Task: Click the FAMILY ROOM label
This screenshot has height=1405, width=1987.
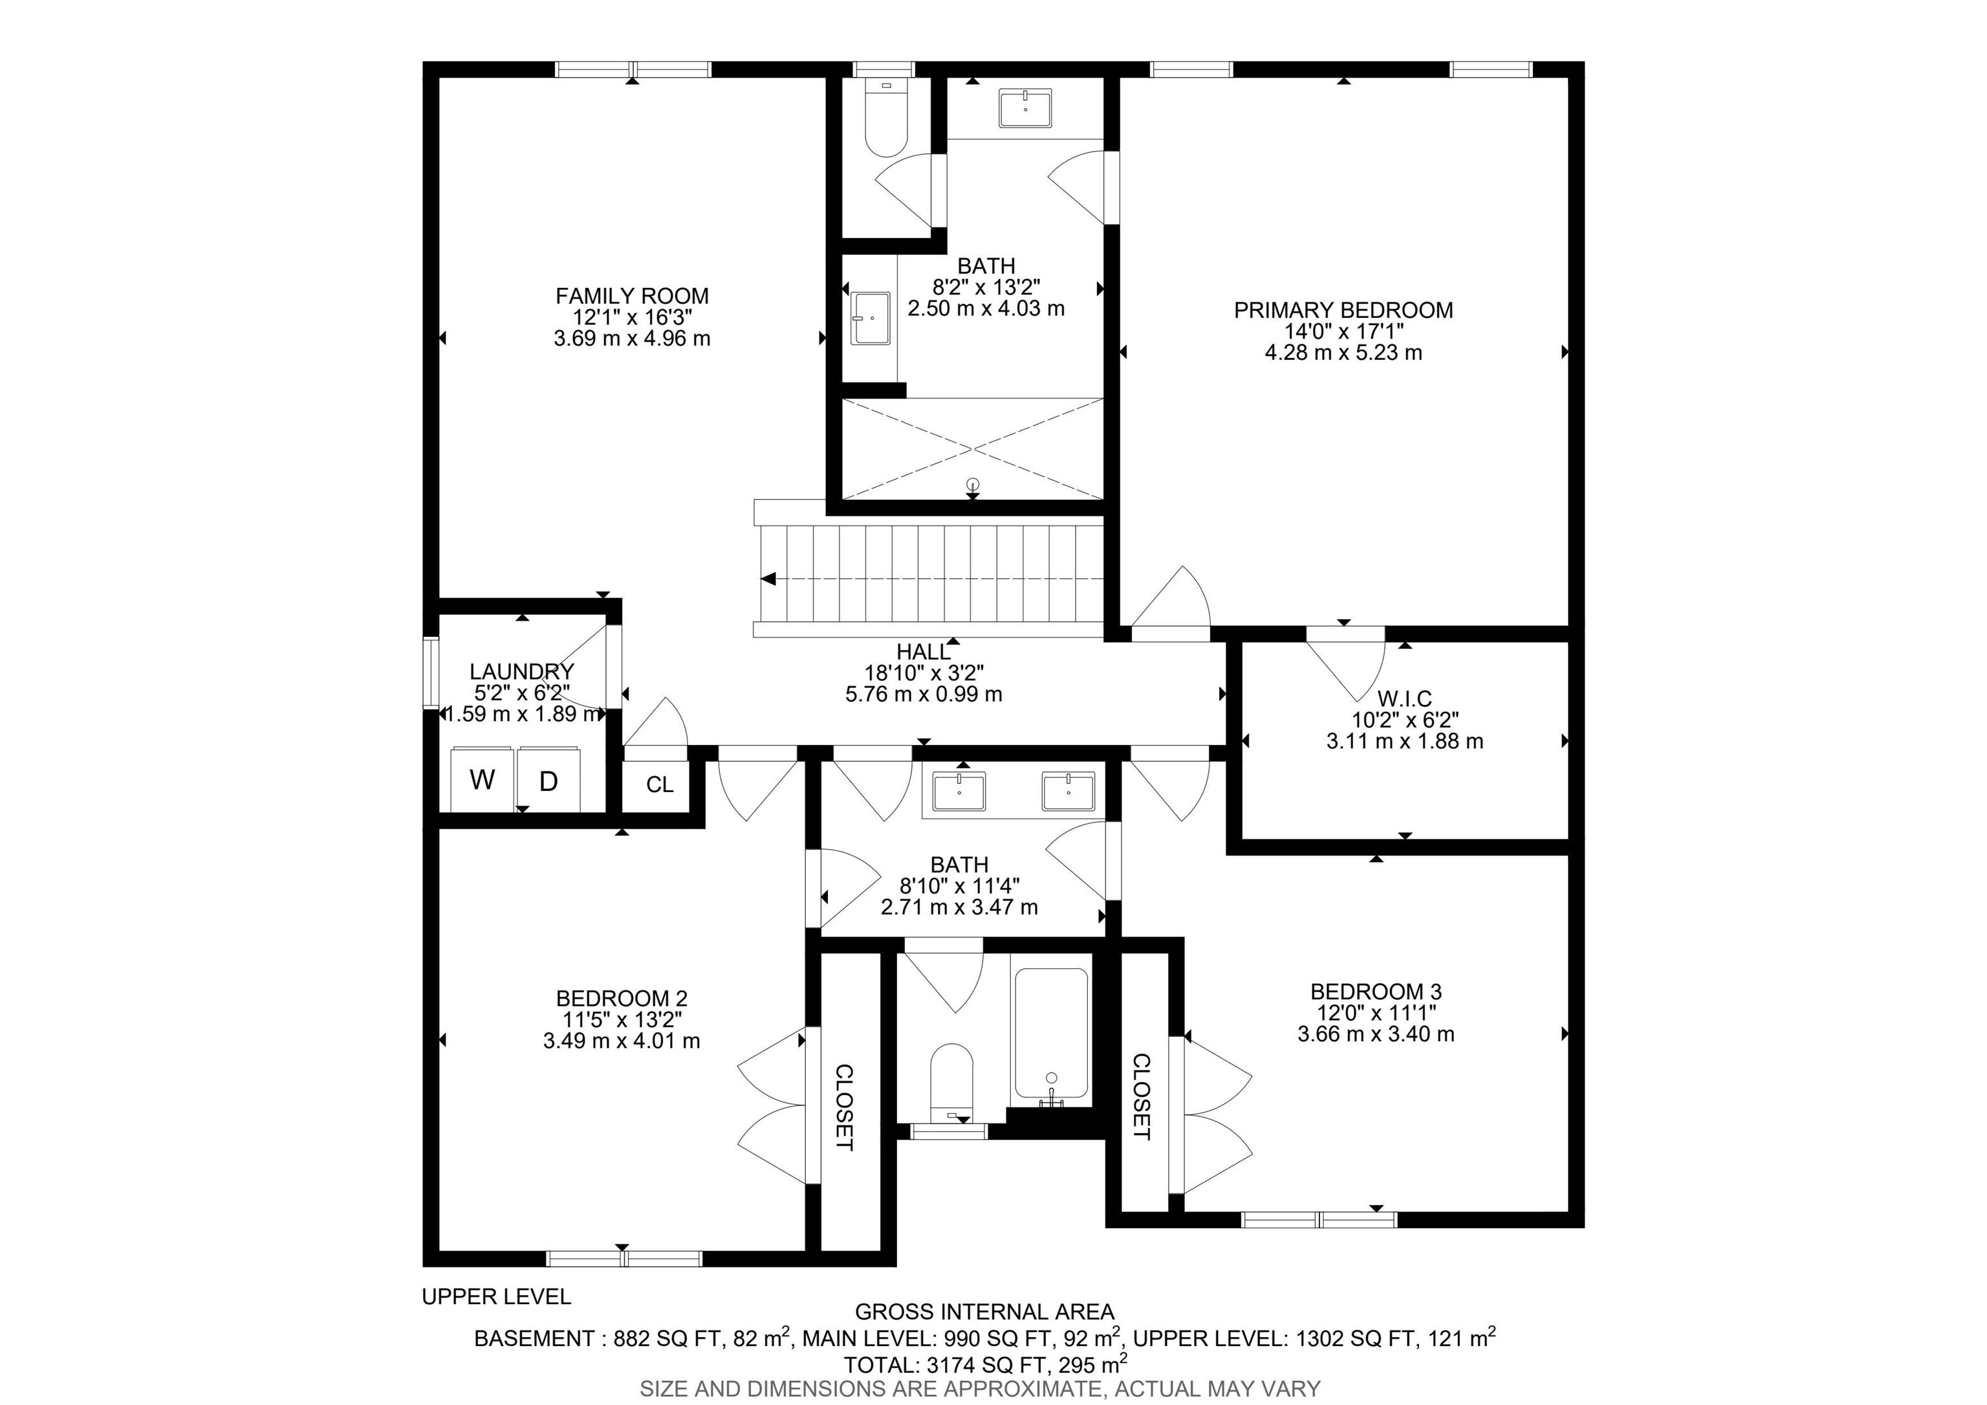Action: (x=632, y=296)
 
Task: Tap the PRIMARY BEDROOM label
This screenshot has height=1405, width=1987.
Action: (x=1343, y=310)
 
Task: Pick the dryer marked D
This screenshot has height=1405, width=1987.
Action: (x=548, y=780)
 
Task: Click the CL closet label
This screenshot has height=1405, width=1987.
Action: (x=660, y=785)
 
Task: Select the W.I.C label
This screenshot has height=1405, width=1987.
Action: (x=1405, y=698)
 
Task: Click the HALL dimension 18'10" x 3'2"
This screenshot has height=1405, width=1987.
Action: (x=924, y=672)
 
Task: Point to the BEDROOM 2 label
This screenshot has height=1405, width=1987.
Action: (x=622, y=998)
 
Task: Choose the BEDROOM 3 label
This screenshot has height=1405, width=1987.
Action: (x=1376, y=991)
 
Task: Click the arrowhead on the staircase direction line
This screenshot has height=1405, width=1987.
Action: (x=768, y=579)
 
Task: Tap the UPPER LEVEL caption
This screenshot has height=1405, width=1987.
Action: (x=496, y=1296)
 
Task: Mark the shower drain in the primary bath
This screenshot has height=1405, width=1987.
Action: (x=973, y=484)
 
